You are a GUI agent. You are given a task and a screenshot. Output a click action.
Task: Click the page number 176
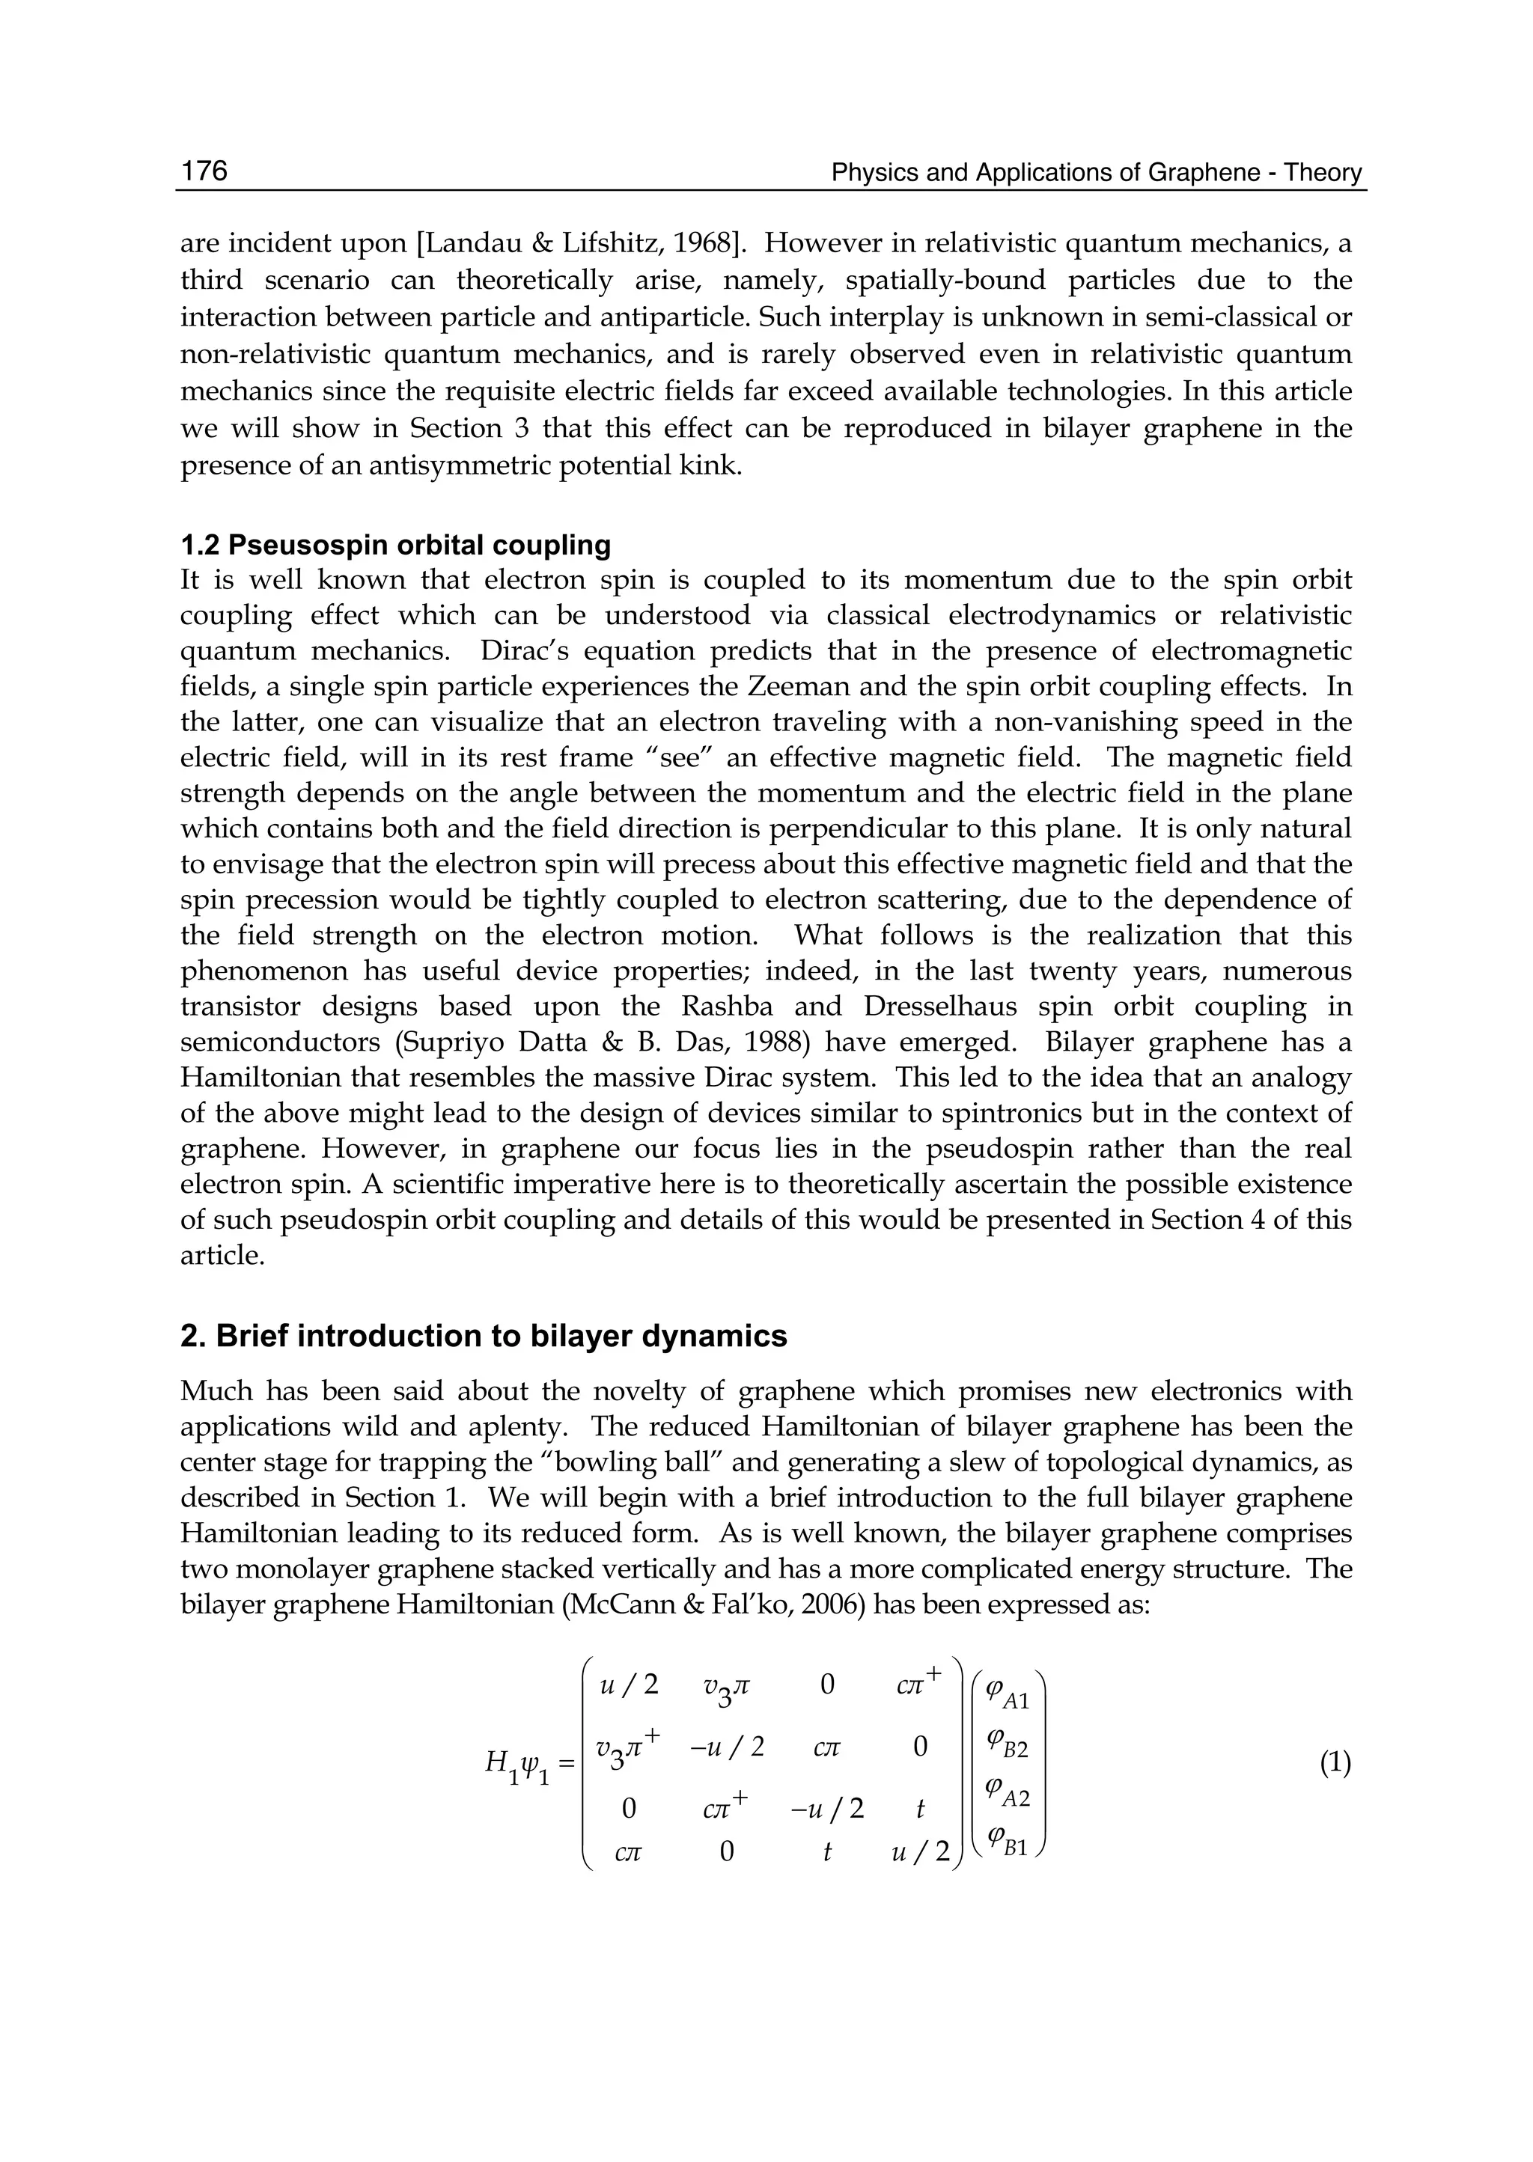click(x=204, y=171)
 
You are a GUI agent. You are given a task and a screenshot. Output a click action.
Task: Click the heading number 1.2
click(x=200, y=545)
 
